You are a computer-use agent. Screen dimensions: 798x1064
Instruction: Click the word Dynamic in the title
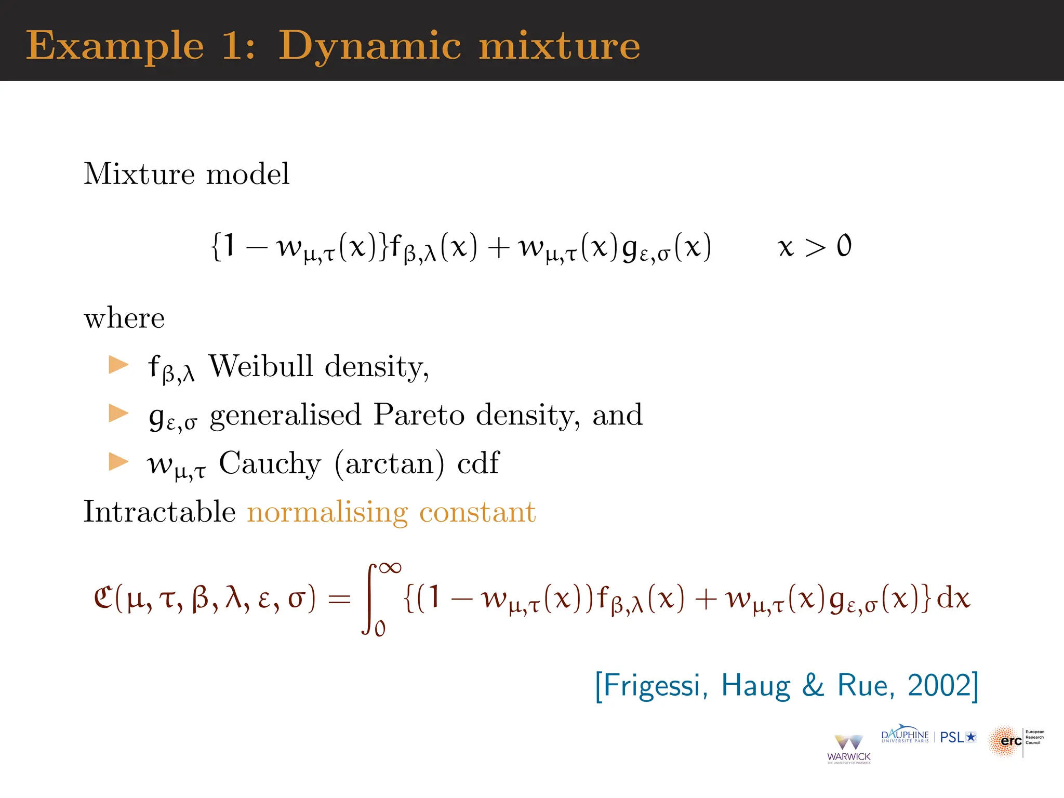tap(369, 47)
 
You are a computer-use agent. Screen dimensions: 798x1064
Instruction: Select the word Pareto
tap(419, 415)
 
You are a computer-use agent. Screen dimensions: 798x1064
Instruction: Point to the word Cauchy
tap(270, 463)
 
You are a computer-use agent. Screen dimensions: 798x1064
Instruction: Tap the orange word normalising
tap(327, 512)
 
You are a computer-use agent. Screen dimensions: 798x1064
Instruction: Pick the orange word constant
tap(477, 512)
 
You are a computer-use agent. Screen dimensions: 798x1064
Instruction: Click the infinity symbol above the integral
tap(390, 568)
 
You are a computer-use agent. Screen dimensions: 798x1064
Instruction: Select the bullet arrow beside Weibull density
tap(118, 365)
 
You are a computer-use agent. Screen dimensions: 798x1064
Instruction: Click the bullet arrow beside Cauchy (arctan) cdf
tap(118, 461)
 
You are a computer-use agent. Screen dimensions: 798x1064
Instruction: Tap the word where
tap(124, 318)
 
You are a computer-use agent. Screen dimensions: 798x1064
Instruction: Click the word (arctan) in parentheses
tap(389, 463)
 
